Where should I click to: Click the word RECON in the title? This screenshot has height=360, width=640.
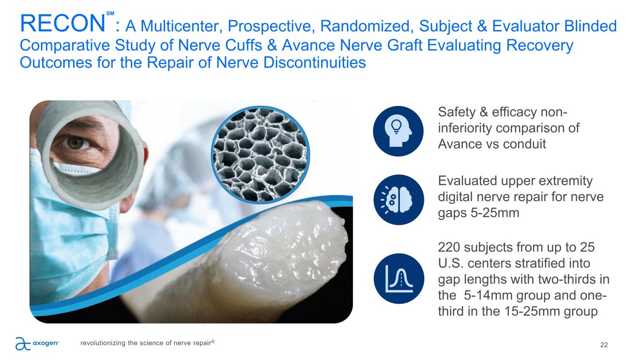click(x=62, y=23)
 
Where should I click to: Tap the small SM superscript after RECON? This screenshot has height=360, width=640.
click(x=110, y=14)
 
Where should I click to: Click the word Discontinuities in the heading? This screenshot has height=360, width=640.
click(x=315, y=62)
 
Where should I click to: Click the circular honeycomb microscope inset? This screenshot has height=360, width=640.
click(x=260, y=155)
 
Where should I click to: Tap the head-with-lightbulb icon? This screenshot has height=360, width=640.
click(x=398, y=131)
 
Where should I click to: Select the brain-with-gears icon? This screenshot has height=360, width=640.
click(x=399, y=200)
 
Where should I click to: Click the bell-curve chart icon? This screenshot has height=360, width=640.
click(x=399, y=278)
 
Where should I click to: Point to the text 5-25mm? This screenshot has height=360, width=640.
click(x=495, y=213)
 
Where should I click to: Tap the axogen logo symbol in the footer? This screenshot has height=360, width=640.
click(x=23, y=344)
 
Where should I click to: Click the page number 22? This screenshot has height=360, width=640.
click(x=604, y=345)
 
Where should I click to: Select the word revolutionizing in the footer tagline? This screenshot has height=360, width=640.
click(x=103, y=343)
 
